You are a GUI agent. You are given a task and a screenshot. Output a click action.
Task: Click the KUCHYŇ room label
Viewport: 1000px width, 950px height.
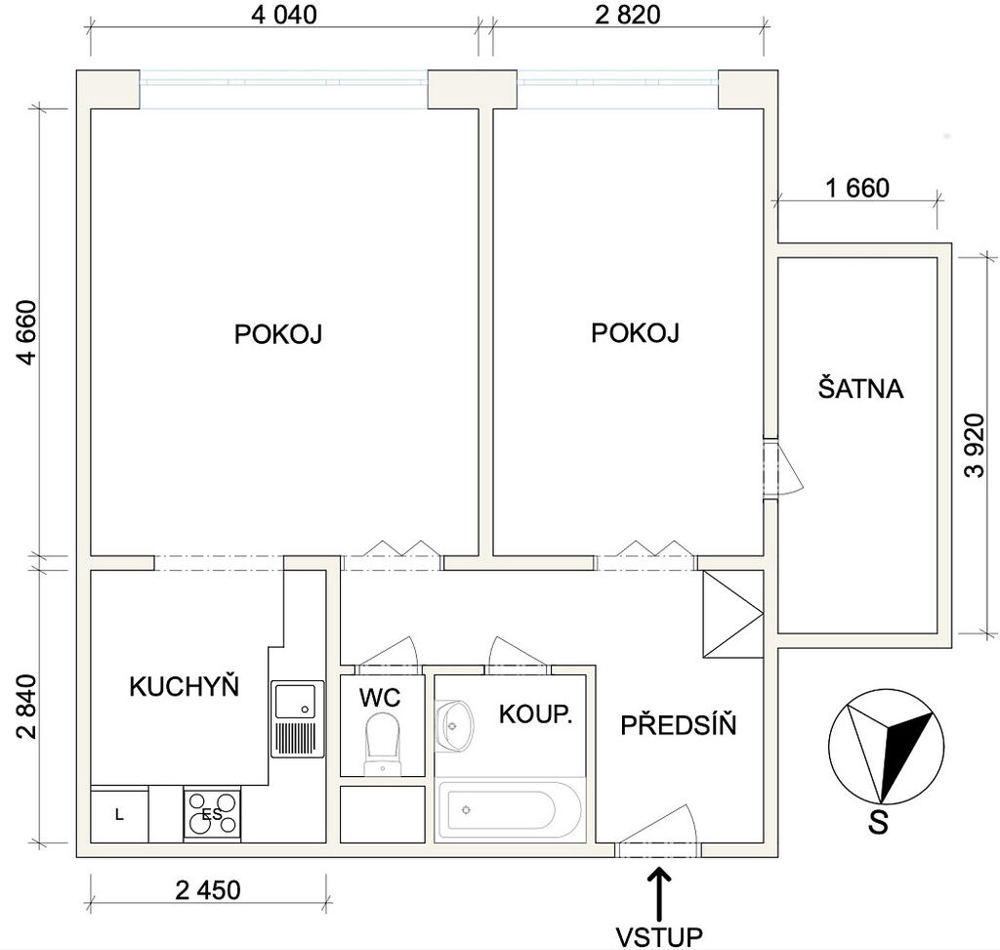[184, 686]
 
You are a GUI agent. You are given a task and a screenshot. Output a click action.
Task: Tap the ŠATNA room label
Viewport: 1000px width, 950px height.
[860, 388]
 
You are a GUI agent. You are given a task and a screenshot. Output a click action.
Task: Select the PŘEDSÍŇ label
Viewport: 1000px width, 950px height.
[679, 725]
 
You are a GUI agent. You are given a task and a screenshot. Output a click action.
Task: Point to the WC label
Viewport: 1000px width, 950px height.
[380, 698]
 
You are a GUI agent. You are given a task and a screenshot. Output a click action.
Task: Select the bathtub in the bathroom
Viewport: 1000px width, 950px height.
[509, 810]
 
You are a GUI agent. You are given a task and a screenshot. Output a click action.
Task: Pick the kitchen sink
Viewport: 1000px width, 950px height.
[298, 719]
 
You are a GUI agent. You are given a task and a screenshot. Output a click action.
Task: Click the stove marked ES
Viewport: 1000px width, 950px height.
[212, 814]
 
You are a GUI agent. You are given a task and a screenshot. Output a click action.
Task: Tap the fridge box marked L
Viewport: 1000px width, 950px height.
[119, 815]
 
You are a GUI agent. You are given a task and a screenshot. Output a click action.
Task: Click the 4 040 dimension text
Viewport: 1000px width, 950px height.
[284, 15]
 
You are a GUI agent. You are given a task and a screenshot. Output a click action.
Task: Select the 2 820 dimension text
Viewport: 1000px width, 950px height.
[628, 15]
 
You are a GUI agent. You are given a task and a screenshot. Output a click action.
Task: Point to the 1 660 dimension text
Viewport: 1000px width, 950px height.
[857, 189]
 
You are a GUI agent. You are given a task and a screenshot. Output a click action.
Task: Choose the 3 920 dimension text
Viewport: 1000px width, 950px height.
[976, 446]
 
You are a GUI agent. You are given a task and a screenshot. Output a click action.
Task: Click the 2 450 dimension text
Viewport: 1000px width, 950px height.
[208, 890]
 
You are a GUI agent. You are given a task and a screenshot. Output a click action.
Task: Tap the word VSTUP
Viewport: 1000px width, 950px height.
[659, 936]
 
